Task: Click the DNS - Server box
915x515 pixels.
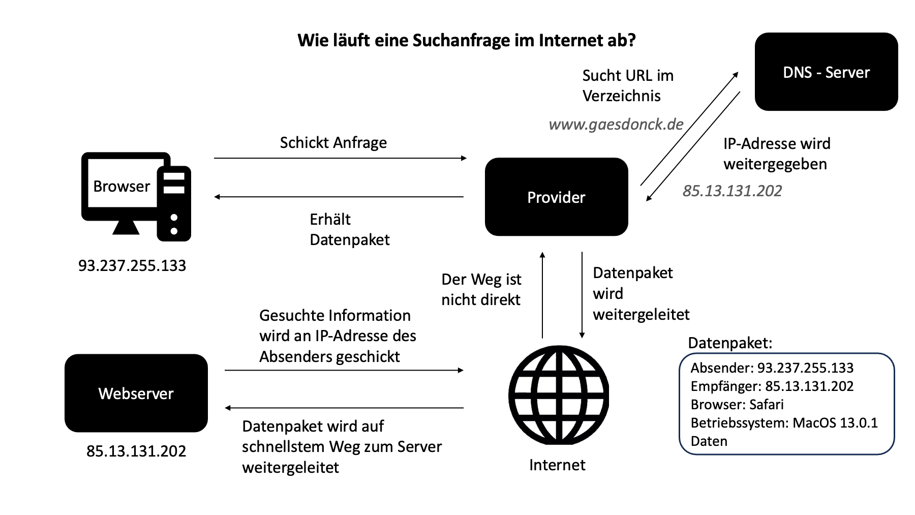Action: point(826,72)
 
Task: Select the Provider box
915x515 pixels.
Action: point(556,197)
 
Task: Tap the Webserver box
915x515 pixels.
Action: point(136,393)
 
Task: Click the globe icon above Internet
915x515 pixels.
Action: point(558,395)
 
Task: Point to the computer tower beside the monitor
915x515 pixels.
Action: point(174,203)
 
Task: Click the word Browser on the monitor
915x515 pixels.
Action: point(121,186)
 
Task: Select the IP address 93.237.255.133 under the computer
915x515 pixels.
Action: point(132,265)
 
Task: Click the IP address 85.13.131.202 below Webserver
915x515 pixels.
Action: point(136,451)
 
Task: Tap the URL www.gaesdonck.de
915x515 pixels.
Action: point(616,124)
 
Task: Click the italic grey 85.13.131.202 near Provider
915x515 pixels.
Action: point(732,191)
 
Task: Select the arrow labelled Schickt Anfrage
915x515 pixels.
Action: point(340,158)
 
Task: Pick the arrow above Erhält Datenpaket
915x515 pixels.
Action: point(340,197)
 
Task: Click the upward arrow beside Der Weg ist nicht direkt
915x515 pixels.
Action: point(542,295)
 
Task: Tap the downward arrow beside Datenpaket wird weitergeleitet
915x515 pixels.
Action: point(582,295)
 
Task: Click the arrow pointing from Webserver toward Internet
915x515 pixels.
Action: point(344,370)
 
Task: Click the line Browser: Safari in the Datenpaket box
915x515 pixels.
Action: point(737,404)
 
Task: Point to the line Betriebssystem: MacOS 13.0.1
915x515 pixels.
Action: point(784,422)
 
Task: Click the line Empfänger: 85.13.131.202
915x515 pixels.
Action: point(772,386)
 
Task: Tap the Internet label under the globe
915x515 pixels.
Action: point(557,465)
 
